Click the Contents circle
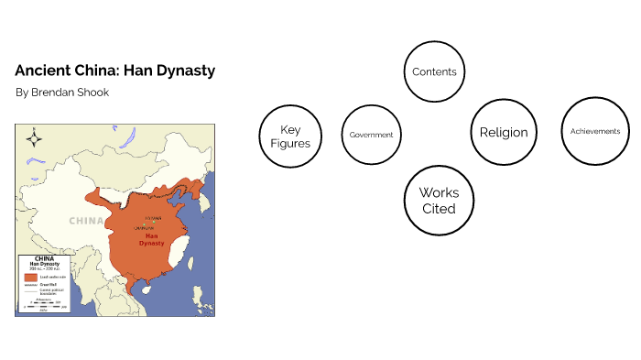click(434, 71)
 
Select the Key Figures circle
click(290, 135)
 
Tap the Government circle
click(371, 135)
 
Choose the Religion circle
click(503, 132)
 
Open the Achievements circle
click(594, 131)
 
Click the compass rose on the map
click(35, 139)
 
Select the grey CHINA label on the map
click(86, 221)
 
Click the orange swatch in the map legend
click(30, 277)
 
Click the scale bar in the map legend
click(44, 303)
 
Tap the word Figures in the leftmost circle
click(290, 143)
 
